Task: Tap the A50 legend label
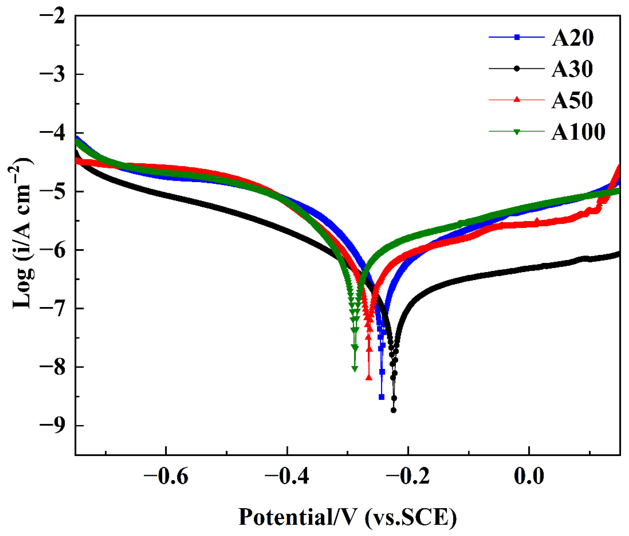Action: coord(572,101)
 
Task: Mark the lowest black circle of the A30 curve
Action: coord(393,410)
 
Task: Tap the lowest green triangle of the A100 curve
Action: coord(355,369)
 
